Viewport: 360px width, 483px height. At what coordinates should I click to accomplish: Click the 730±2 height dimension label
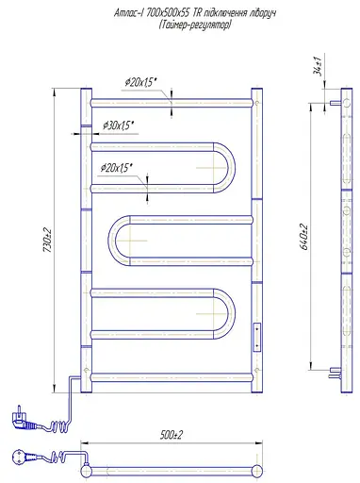(47, 240)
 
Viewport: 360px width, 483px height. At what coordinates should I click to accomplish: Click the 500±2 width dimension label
(171, 435)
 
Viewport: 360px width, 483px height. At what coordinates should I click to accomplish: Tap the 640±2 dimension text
(304, 237)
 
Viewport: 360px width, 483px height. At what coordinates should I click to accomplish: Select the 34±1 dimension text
(318, 66)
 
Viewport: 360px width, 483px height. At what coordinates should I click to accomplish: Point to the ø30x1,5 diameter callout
(119, 125)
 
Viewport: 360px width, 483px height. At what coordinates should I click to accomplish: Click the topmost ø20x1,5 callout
(140, 82)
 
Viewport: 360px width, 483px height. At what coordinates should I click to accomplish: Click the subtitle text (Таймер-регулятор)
(195, 25)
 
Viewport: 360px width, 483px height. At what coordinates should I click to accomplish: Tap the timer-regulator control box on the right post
(257, 337)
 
